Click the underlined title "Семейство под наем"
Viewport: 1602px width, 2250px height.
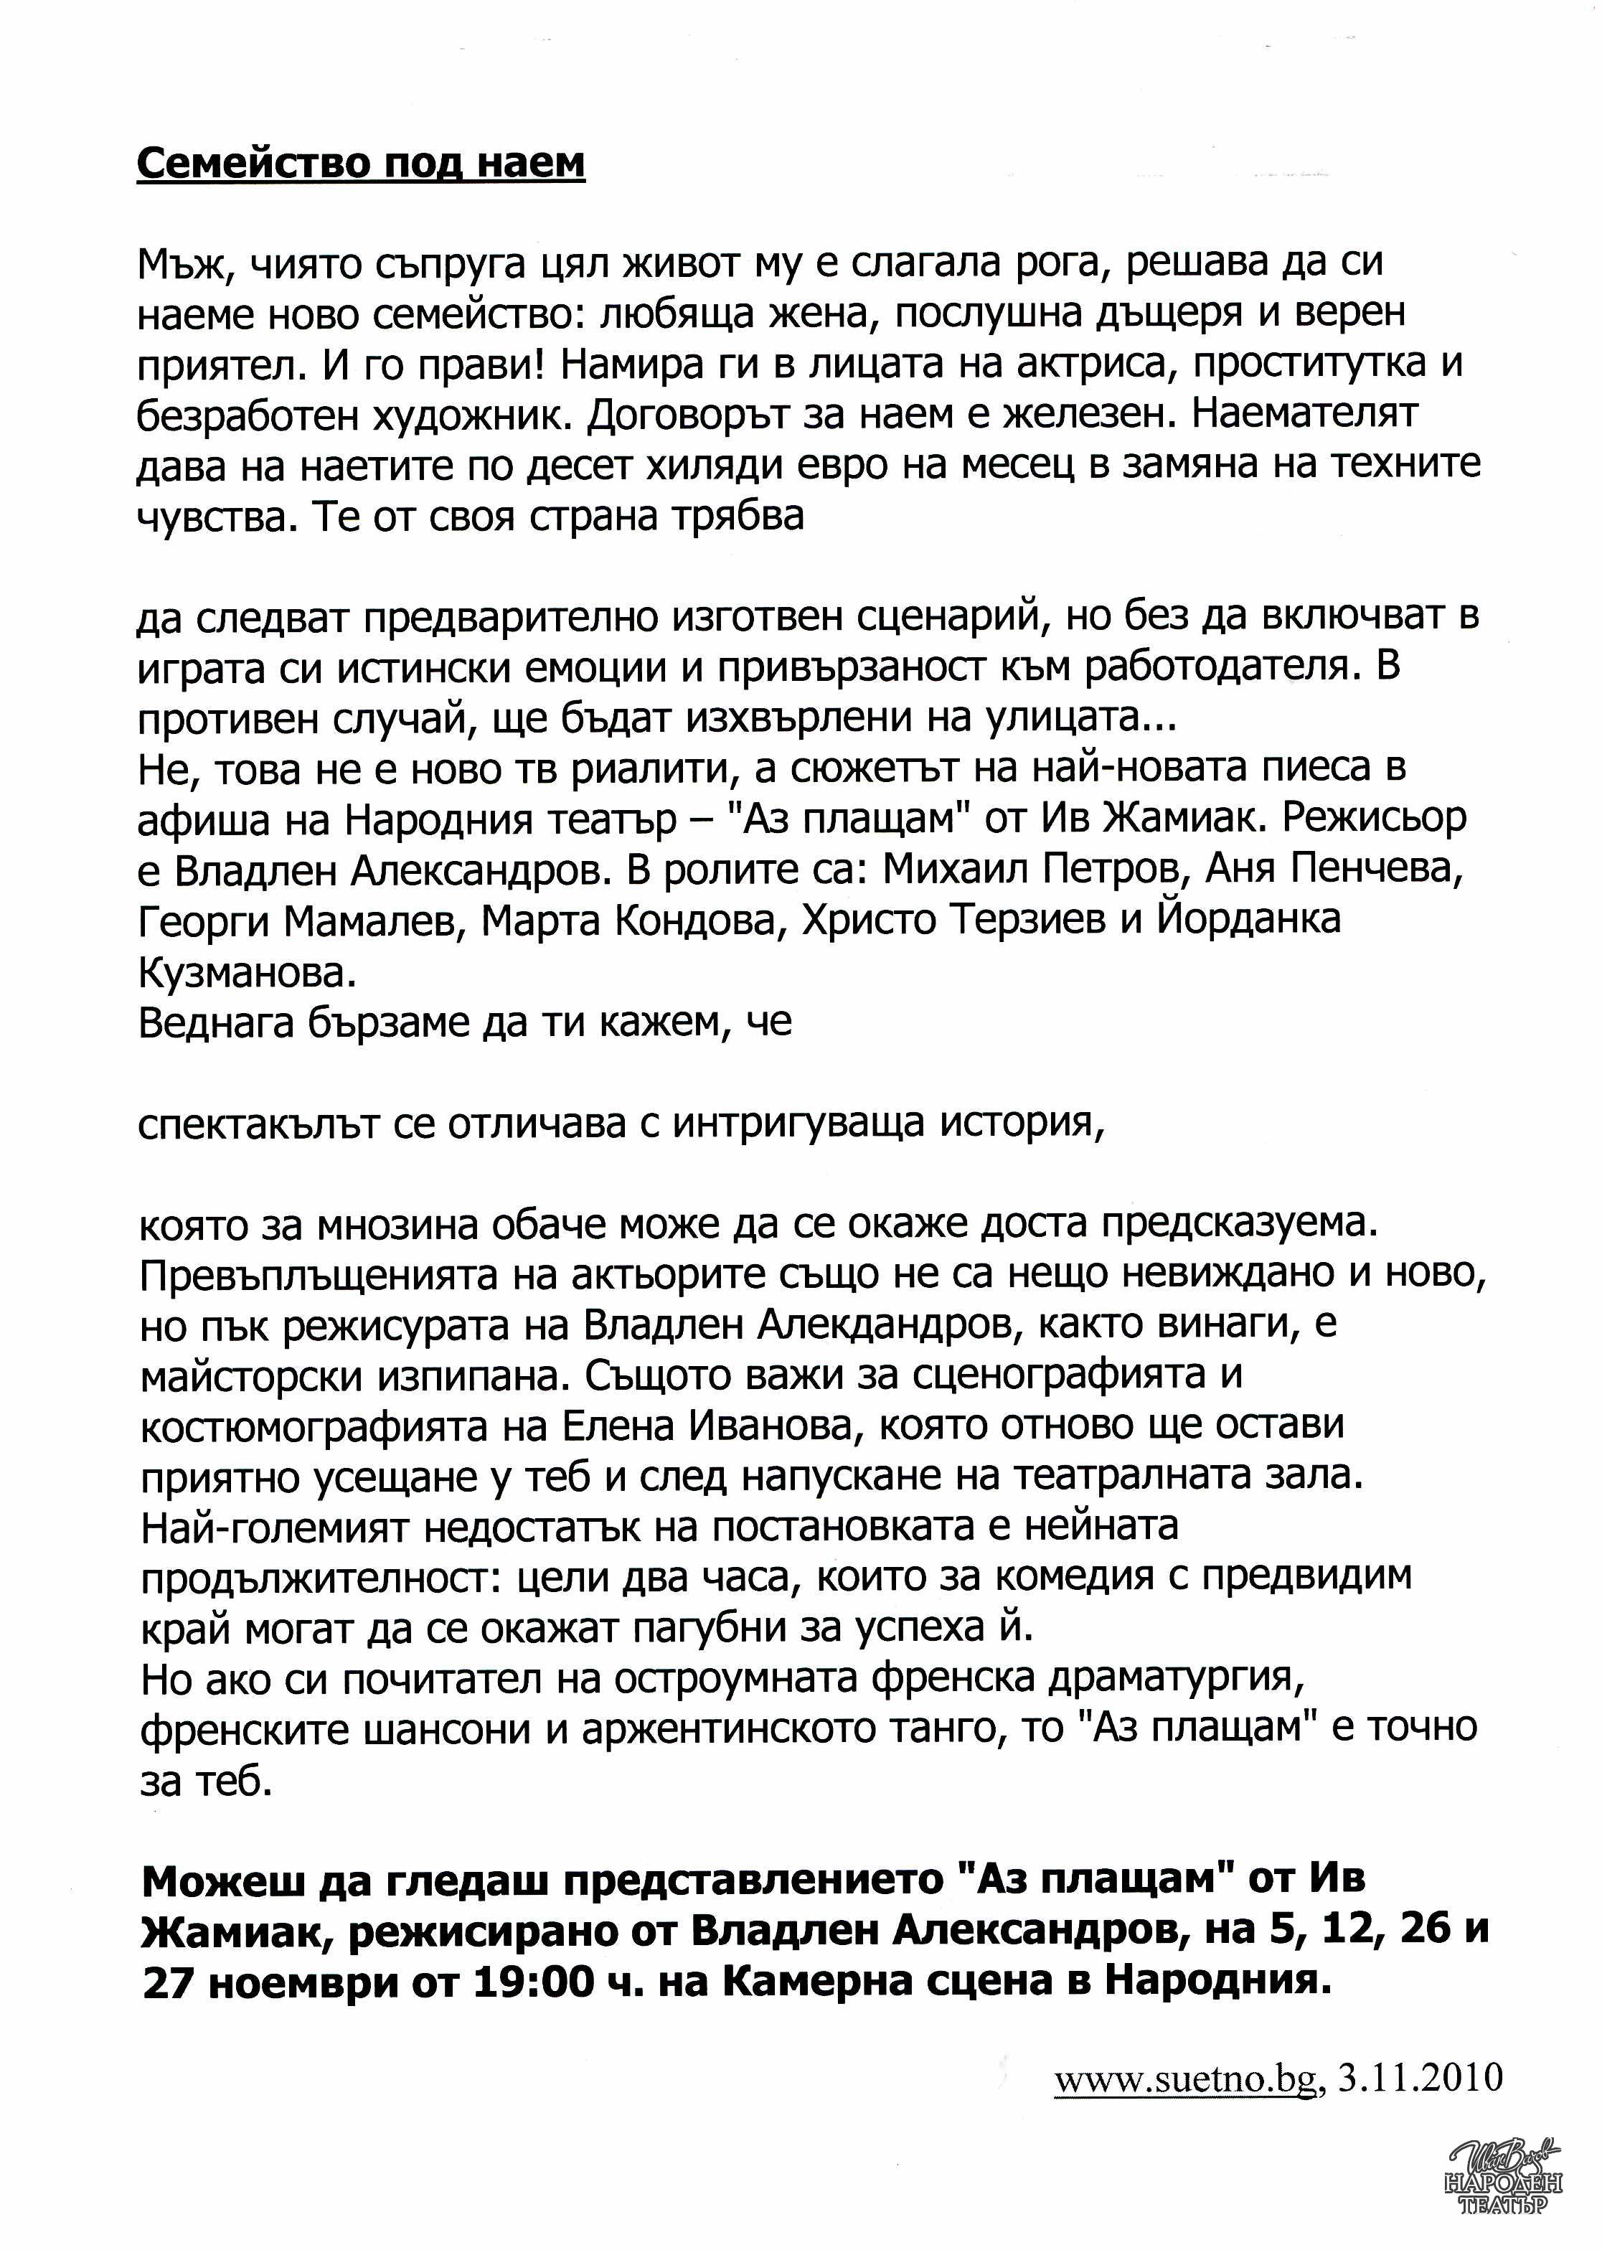[x=360, y=163]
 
